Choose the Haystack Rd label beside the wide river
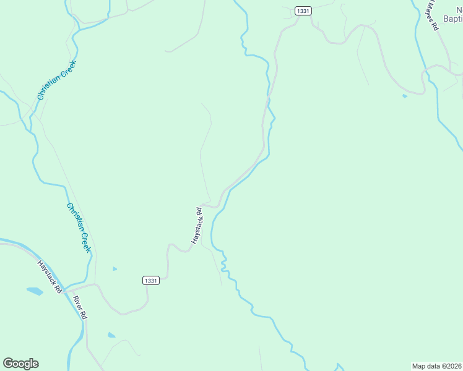tap(50, 275)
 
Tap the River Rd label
tap(80, 307)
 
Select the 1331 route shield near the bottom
tap(151, 280)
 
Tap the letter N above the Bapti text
tap(457, 6)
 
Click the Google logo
tap(20, 363)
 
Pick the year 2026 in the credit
tap(454, 365)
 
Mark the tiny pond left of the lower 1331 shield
tap(115, 269)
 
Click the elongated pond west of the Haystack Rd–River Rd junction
tap(35, 290)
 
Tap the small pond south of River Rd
tap(111, 335)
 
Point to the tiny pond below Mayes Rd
tap(405, 96)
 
